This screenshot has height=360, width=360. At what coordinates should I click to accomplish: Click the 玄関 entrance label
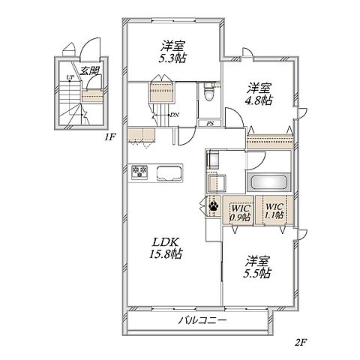pyautogui.click(x=89, y=70)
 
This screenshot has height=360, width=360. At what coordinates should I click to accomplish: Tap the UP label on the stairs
pyautogui.click(x=70, y=77)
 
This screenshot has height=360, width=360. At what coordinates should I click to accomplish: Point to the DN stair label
pyautogui.click(x=174, y=115)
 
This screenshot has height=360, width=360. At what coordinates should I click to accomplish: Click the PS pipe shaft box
pyautogui.click(x=209, y=123)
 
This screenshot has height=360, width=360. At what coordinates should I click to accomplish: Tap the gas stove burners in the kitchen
pyautogui.click(x=139, y=172)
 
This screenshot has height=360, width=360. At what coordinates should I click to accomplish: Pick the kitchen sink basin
pyautogui.click(x=168, y=172)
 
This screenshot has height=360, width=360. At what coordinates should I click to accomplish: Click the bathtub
pyautogui.click(x=268, y=182)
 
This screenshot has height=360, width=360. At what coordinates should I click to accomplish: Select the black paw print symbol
pyautogui.click(x=213, y=206)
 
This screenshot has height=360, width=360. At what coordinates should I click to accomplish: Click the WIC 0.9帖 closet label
pyautogui.click(x=240, y=213)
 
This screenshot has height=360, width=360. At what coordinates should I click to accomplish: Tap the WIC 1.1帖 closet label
pyautogui.click(x=274, y=211)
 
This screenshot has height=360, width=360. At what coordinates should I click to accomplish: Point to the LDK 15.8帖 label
pyautogui.click(x=166, y=247)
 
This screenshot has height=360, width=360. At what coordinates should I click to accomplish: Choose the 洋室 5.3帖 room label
pyautogui.click(x=173, y=52)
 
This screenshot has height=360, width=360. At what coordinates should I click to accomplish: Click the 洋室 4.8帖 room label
pyautogui.click(x=259, y=94)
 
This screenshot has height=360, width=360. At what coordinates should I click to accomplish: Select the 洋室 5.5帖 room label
pyautogui.click(x=256, y=267)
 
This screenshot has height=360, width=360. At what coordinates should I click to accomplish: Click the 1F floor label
pyautogui.click(x=109, y=137)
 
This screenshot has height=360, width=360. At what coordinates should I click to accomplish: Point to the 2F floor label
pyautogui.click(x=301, y=342)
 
